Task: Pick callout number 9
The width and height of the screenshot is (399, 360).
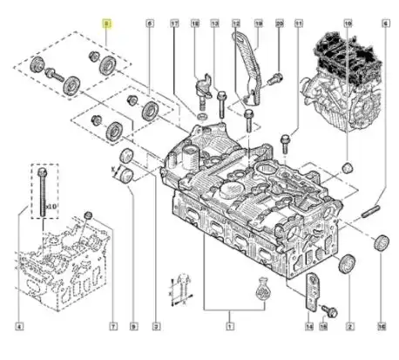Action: tap(132, 327)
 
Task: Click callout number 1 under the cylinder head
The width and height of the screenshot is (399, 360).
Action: tap(228, 327)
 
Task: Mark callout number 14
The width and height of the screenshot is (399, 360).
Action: tap(310, 327)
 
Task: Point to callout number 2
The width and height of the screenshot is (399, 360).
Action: tap(349, 327)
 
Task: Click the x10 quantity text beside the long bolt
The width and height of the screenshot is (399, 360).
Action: tap(52, 207)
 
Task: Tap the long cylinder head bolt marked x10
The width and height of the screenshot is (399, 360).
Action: tap(41, 197)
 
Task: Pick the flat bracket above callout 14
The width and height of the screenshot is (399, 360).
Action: tap(310, 291)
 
